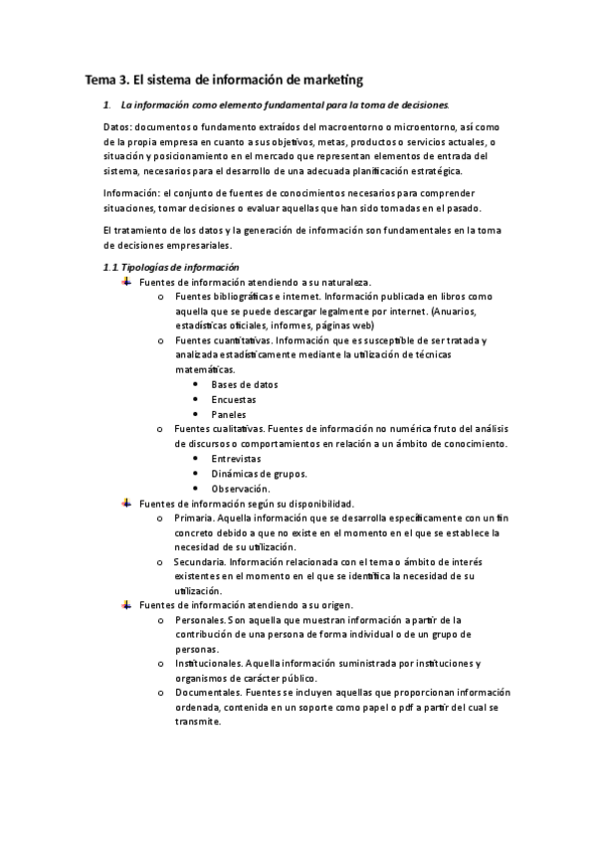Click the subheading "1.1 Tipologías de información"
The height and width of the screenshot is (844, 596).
click(171, 267)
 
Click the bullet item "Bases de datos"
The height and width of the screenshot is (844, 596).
click(245, 384)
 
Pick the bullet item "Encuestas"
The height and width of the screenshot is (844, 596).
click(234, 399)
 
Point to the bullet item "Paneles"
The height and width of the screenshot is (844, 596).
click(229, 414)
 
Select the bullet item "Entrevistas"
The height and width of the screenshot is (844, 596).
click(237, 459)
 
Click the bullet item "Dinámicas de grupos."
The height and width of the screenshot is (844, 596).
click(259, 474)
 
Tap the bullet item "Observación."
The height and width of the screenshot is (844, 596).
click(241, 489)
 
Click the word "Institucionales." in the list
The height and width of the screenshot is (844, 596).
click(205, 664)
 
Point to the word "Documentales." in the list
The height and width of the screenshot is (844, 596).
click(206, 693)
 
